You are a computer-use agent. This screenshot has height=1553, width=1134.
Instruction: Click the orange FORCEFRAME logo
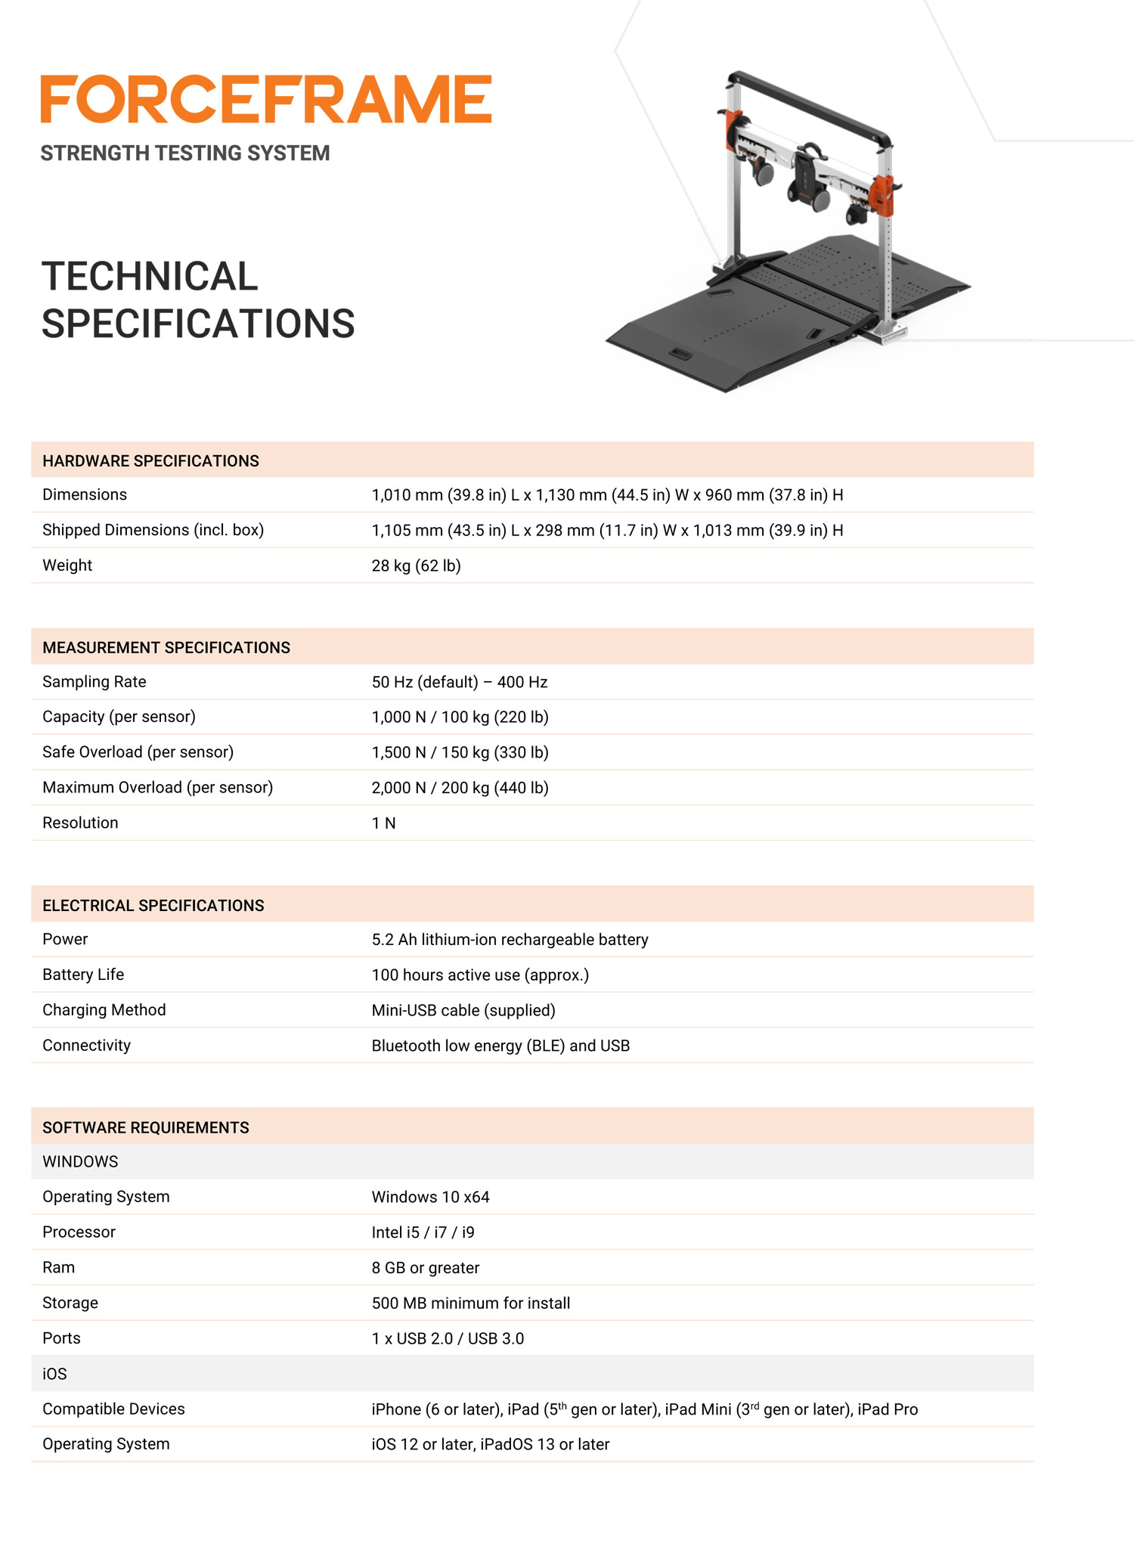pos(266,99)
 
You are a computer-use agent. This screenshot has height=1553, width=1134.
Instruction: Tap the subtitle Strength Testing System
pos(185,153)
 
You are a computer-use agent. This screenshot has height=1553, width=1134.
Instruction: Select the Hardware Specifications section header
pos(150,461)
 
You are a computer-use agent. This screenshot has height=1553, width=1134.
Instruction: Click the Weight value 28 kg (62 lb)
pos(416,566)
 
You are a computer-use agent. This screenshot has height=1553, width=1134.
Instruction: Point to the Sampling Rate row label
pos(94,682)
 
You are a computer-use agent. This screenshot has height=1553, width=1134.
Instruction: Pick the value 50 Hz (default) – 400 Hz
pos(459,682)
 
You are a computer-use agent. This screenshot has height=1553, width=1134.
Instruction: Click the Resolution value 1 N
pos(383,823)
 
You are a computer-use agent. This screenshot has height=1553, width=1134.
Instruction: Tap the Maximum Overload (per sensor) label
pos(157,788)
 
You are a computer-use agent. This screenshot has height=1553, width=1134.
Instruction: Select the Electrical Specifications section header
pos(153,906)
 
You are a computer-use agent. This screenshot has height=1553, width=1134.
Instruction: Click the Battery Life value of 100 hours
pos(480,975)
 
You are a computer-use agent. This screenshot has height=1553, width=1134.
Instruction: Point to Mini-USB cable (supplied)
pos(463,1011)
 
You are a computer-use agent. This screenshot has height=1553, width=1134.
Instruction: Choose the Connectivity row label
pos(86,1046)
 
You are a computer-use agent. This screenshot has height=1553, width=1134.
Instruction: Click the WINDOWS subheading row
pos(80,1162)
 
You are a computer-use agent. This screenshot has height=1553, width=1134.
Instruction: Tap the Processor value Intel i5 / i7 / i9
pos(423,1232)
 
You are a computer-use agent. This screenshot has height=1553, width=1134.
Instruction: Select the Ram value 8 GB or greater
pos(426,1268)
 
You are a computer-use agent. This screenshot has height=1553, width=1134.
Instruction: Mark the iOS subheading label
pos(54,1375)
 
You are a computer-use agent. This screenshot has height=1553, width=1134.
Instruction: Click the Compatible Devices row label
pos(113,1409)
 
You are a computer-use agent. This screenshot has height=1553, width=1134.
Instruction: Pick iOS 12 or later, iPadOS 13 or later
pos(490,1445)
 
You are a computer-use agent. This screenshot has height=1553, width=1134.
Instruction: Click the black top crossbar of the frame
pos(809,106)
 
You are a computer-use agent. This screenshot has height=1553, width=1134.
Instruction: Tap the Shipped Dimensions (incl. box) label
pos(153,530)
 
